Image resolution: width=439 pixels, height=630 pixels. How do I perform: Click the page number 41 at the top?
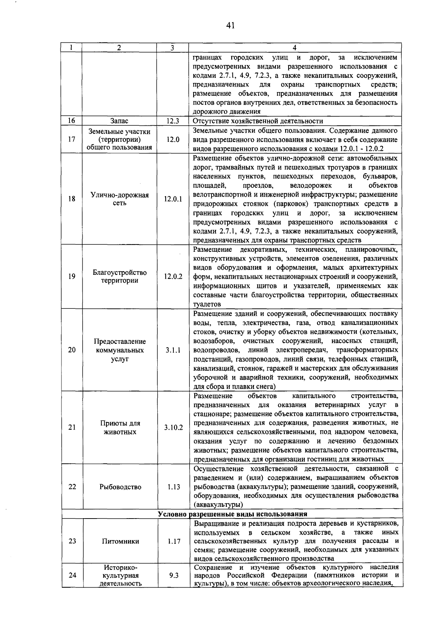click(230, 25)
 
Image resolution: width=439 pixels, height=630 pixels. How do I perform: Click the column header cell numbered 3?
click(172, 48)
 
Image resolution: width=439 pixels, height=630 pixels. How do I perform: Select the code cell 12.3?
click(172, 121)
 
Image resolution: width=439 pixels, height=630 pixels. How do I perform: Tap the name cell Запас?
click(119, 121)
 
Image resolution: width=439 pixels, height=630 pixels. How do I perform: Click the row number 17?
click(72, 139)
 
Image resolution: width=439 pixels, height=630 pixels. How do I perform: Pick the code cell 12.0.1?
click(173, 199)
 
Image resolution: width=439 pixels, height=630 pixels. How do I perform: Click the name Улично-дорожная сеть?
click(120, 199)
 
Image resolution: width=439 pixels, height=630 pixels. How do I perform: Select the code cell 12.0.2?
click(173, 277)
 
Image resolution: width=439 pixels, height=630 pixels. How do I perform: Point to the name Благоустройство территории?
click(120, 277)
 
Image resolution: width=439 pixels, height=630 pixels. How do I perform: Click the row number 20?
click(72, 350)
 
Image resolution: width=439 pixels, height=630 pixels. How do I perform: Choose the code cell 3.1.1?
click(173, 350)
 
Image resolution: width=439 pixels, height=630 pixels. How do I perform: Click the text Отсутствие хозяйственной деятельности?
click(258, 121)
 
